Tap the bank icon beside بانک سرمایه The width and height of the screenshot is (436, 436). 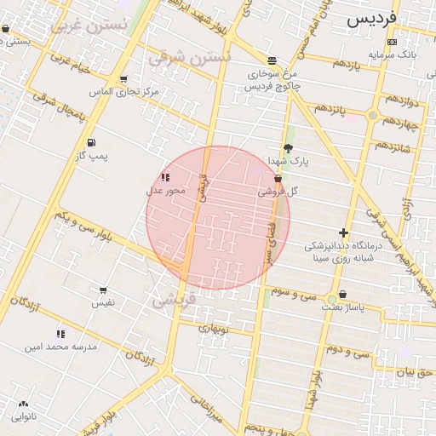392,42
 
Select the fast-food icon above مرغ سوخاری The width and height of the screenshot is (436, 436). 272,60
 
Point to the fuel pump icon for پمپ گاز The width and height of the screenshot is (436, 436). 91,142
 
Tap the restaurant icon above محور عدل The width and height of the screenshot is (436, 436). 164,177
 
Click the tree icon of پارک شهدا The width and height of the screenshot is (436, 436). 288,147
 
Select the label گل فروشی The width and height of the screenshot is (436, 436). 280,192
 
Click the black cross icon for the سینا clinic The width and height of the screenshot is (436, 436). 344,232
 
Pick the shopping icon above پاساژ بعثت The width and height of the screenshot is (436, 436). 341,294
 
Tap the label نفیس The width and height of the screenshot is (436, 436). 103,302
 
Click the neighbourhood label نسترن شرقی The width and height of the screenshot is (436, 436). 190,58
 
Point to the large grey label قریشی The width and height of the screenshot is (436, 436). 174,301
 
